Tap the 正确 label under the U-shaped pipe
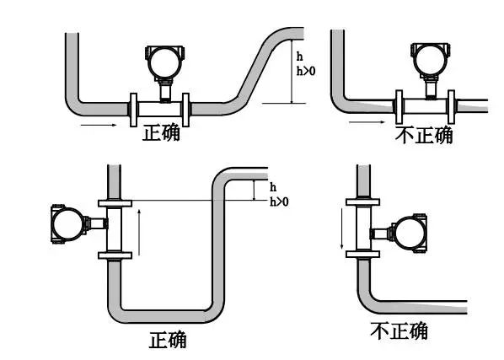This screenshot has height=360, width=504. pos(168,340)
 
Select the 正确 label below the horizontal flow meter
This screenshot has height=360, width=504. pos(161,133)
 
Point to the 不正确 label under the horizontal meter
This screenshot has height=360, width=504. pos(423,134)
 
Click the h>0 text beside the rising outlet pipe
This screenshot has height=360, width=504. pos(305,73)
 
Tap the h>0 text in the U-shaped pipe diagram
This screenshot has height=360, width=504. pos(278,202)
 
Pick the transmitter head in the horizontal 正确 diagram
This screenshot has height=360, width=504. pos(162,61)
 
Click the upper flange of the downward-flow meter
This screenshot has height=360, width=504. pos(362,202)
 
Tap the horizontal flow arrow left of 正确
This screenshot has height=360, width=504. pos(99,126)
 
